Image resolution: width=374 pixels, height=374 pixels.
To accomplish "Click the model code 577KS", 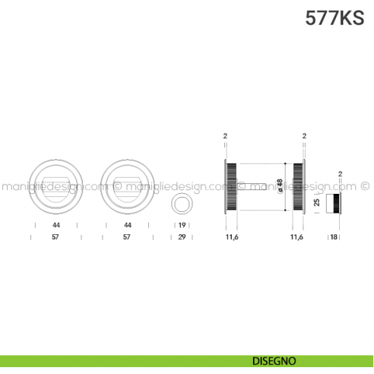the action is [334, 18].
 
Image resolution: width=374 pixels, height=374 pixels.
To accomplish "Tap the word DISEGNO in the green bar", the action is [274, 361].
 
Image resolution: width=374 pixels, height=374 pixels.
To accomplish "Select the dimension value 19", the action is [182, 225].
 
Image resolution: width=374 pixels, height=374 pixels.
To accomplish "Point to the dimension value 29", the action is [182, 237].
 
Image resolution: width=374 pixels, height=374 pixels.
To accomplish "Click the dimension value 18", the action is [334, 237].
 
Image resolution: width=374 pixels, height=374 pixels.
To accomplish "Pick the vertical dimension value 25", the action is [317, 202].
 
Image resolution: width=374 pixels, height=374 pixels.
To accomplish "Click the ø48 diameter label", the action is [280, 186].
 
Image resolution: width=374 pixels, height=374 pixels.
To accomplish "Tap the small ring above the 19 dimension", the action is [182, 204].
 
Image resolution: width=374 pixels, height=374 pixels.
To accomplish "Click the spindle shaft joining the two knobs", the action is [252, 186].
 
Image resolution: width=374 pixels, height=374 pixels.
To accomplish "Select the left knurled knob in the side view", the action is [231, 186].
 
